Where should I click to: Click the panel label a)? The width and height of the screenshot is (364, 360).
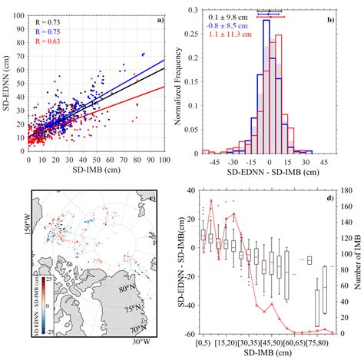(x=159, y=9)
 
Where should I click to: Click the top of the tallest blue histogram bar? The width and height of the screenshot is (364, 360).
(x=266, y=21)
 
